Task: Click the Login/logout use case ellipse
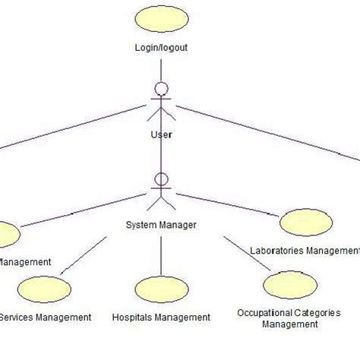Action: (160, 19)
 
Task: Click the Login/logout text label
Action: (160, 47)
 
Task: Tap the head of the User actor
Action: (160, 86)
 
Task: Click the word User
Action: (161, 134)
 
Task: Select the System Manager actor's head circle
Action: (161, 181)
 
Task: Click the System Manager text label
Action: (161, 225)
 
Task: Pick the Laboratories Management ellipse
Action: (305, 223)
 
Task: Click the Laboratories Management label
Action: (304, 250)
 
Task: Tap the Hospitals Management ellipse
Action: (161, 291)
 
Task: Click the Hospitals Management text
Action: (161, 317)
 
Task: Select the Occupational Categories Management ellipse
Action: (288, 286)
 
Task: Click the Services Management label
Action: (46, 317)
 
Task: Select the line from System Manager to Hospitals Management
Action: (161, 254)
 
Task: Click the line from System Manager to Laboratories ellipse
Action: (228, 204)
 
